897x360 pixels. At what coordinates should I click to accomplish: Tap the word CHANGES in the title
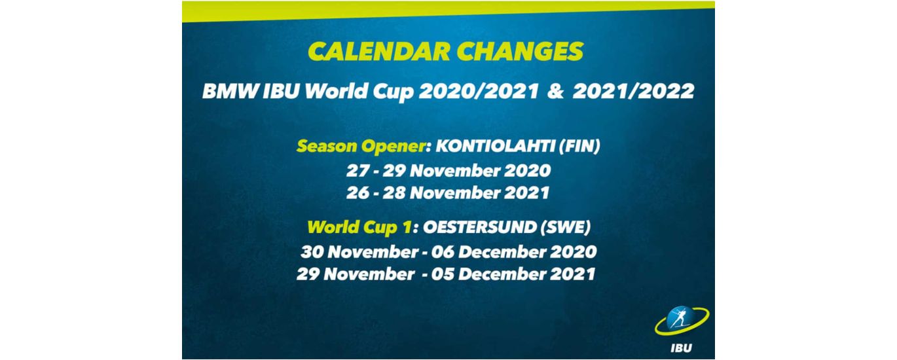[x=520, y=52]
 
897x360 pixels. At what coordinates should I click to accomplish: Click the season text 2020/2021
[x=479, y=92]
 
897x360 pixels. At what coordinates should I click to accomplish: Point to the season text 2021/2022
[x=634, y=92]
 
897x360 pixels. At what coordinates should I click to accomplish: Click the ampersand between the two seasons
[x=555, y=92]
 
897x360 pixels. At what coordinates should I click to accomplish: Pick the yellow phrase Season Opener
[x=360, y=147]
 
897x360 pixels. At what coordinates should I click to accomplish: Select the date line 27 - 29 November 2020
[x=448, y=171]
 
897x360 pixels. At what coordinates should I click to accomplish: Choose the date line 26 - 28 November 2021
[x=448, y=193]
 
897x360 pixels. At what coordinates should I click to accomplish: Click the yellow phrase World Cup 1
[x=359, y=228]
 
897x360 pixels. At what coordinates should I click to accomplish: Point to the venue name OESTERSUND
[x=479, y=227]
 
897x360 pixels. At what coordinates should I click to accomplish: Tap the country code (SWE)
[x=566, y=227]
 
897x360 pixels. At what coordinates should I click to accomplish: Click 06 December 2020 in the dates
[x=514, y=252]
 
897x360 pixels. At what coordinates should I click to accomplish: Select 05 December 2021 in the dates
[x=513, y=274]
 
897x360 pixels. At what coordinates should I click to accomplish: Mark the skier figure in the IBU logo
[x=679, y=319]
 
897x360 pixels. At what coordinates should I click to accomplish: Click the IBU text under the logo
[x=681, y=348]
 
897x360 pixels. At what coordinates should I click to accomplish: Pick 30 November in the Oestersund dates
[x=360, y=252]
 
